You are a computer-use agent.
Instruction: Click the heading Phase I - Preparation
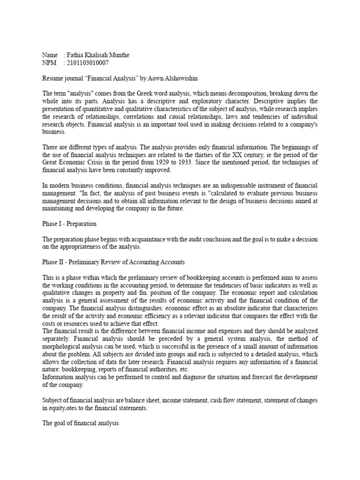[69, 224]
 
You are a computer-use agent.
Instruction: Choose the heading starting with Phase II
[114, 262]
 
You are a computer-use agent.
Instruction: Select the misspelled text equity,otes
[67, 408]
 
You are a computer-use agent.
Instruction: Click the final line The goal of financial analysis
[80, 423]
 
